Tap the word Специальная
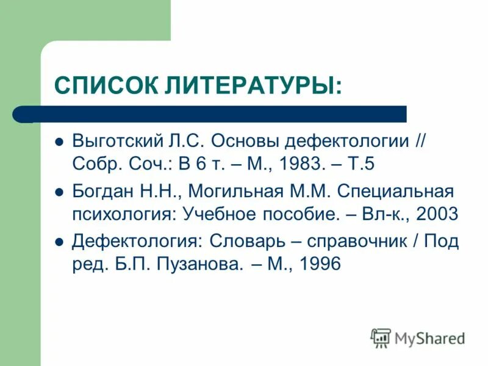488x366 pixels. pos(395,192)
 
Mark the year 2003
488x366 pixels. pos(433,214)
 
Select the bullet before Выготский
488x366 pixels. pos(59,141)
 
